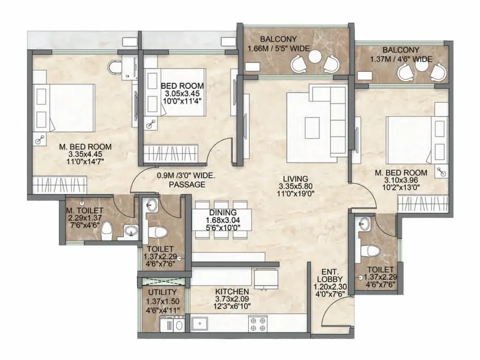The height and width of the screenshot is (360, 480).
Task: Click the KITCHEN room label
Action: pyautogui.click(x=232, y=292)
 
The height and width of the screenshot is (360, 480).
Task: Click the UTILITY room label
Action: pyautogui.click(x=162, y=292)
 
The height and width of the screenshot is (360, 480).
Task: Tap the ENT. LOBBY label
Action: pyautogui.click(x=330, y=276)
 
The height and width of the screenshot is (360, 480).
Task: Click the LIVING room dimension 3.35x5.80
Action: pyautogui.click(x=295, y=186)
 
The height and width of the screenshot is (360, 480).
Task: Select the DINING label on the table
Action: pyautogui.click(x=223, y=212)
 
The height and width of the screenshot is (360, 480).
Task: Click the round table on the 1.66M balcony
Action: pyautogui.click(x=315, y=56)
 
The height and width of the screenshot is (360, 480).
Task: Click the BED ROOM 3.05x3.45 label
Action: pyautogui.click(x=182, y=93)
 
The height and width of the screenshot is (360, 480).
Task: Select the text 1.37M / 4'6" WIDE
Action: pyautogui.click(x=401, y=59)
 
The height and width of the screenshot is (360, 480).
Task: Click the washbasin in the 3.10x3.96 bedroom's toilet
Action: pyautogui.click(x=365, y=223)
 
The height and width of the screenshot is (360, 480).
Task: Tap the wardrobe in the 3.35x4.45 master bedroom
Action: pyautogui.click(x=60, y=185)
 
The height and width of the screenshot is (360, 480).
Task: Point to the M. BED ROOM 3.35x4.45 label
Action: pyautogui.click(x=85, y=154)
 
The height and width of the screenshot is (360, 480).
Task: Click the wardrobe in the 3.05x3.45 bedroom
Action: pyautogui.click(x=172, y=153)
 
